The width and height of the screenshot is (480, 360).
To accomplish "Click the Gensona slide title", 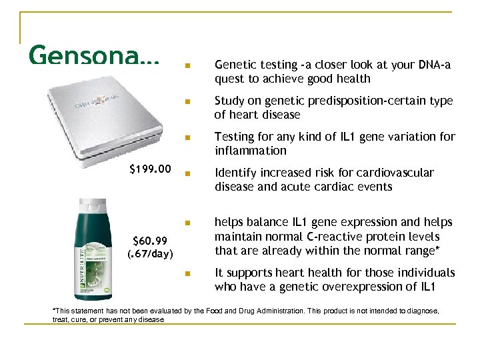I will [x=94, y=55].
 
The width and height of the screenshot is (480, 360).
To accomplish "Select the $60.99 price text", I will [x=153, y=241].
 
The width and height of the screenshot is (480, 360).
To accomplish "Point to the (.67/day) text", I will [x=150, y=254].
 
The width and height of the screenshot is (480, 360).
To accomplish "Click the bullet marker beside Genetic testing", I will [x=188, y=66].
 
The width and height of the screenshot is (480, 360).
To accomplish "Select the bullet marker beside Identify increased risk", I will [x=188, y=174].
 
